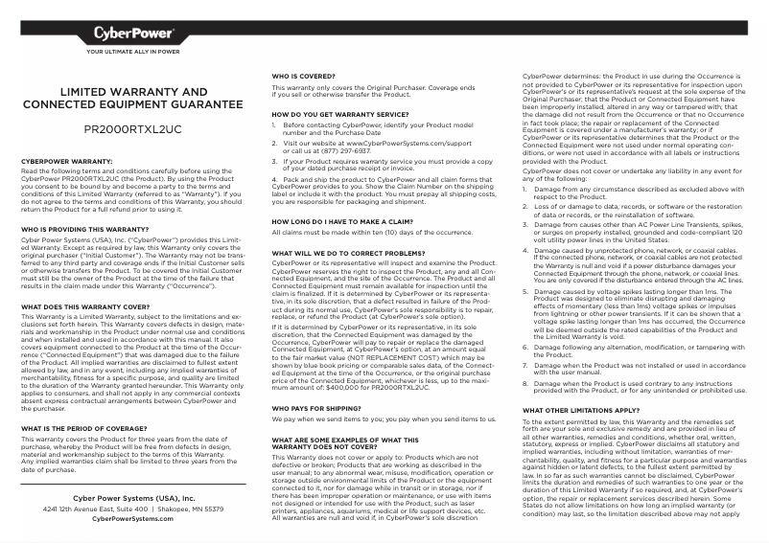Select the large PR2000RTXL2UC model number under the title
132,128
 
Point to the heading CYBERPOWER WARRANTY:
67,162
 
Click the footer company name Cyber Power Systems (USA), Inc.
133,499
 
